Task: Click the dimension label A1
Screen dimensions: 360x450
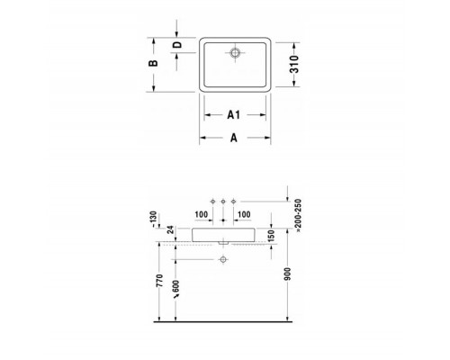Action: coord(232,114)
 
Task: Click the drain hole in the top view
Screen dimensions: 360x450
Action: coord(234,53)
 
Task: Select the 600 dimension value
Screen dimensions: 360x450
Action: coord(176,291)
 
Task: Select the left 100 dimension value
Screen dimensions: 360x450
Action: coord(201,214)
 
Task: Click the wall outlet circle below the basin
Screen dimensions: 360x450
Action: coord(222,261)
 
